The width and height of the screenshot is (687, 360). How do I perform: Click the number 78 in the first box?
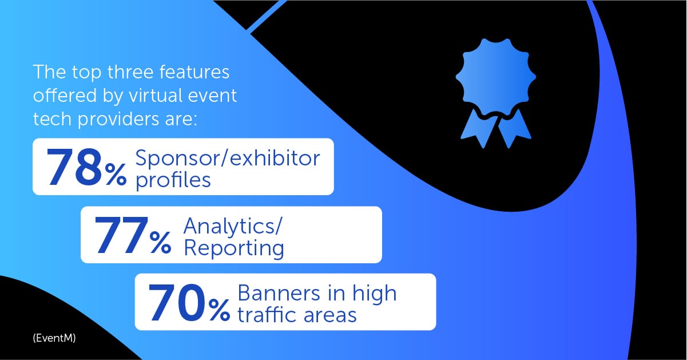click(x=75, y=167)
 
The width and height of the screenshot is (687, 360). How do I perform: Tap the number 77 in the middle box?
click(x=121, y=235)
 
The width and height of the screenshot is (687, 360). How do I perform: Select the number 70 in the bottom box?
click(x=177, y=303)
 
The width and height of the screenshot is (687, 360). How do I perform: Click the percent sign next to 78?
click(x=116, y=174)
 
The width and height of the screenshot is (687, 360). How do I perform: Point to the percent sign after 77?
click(x=160, y=242)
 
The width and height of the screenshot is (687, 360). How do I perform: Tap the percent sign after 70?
click(x=219, y=310)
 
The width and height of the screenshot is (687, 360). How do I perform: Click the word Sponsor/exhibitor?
click(x=228, y=159)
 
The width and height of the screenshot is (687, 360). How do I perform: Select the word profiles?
click(x=173, y=180)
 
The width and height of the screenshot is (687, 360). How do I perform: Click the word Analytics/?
click(x=232, y=226)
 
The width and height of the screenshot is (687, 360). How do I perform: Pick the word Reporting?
click(x=234, y=248)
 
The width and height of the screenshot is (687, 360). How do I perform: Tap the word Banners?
click(x=279, y=293)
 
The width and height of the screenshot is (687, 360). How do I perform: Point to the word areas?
click(x=330, y=316)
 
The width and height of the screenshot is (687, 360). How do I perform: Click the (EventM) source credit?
click(x=54, y=338)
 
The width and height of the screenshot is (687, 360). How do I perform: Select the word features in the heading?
click(x=194, y=72)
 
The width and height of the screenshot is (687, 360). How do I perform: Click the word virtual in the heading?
click(x=155, y=95)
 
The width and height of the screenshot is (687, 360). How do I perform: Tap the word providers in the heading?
click(x=119, y=120)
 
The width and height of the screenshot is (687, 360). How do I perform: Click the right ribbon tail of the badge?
click(x=514, y=129)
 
